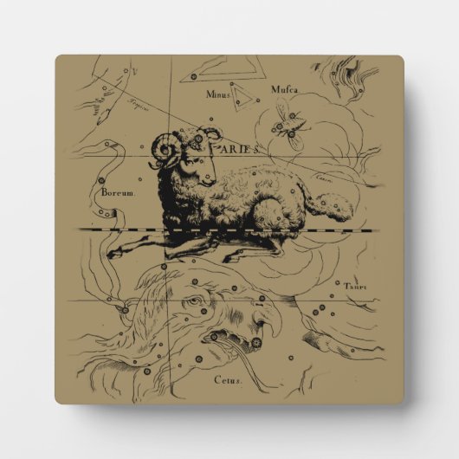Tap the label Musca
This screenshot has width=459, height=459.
285,88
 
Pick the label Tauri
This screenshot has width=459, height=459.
354,286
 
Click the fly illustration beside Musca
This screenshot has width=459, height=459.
286,126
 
